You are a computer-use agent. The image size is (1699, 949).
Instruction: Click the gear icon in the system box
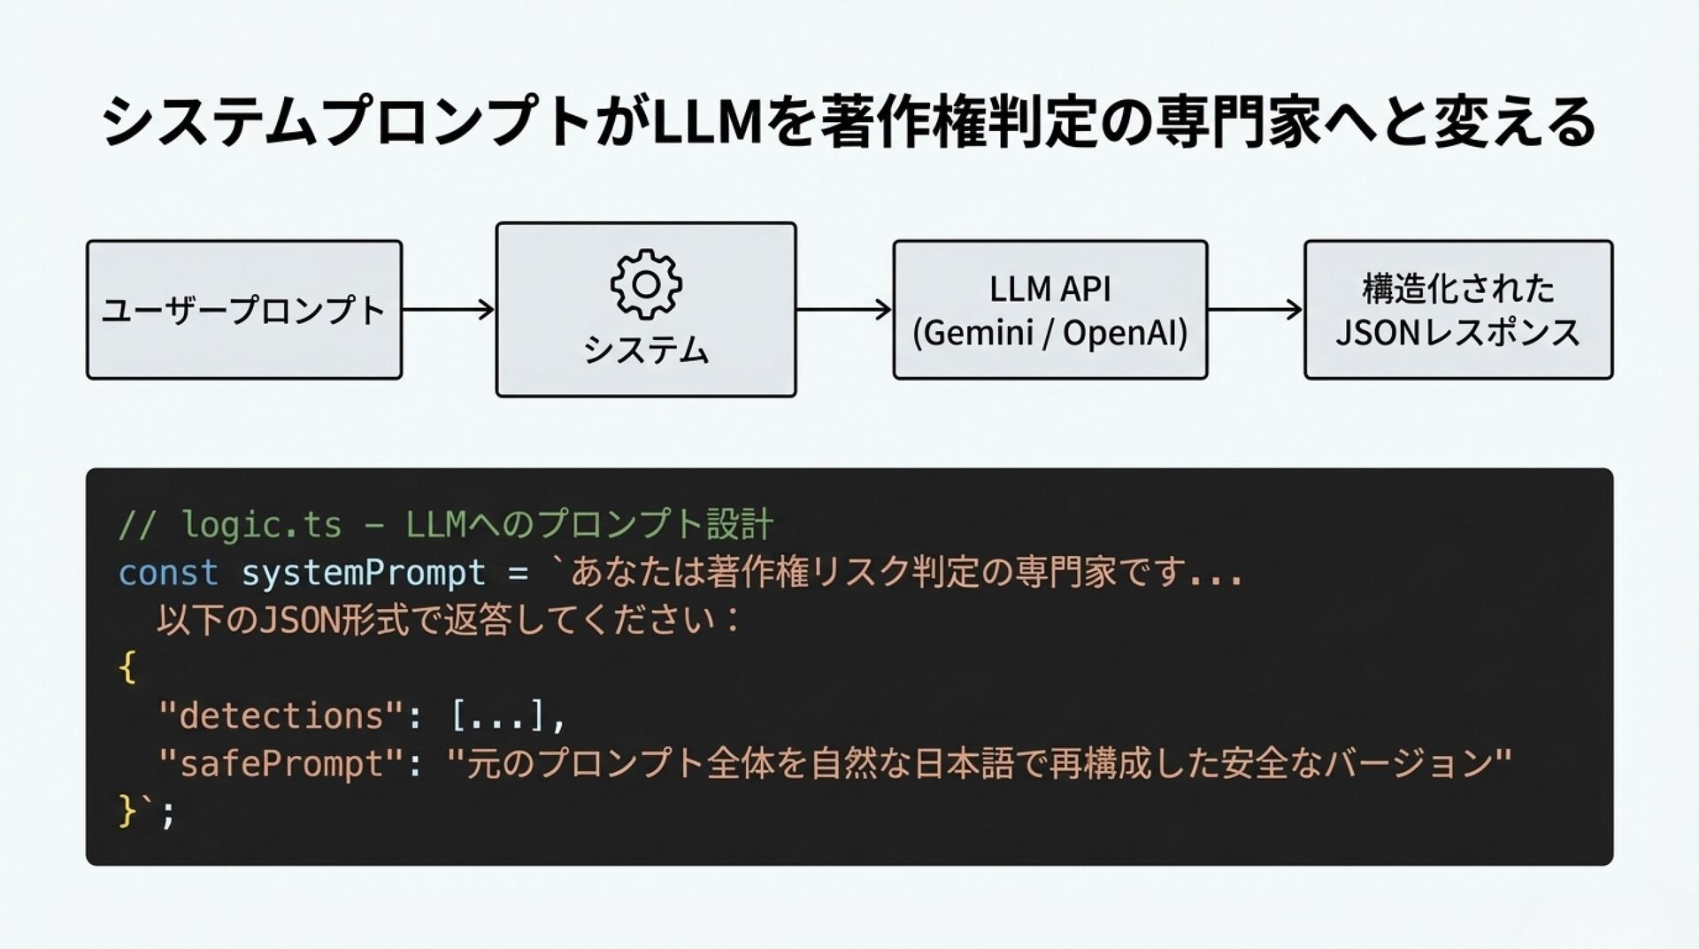click(x=646, y=284)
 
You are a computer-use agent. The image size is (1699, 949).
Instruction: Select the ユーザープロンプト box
click(x=244, y=310)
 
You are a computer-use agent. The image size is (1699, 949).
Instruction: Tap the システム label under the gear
click(x=646, y=350)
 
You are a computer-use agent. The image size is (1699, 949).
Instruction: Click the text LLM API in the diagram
click(x=1049, y=289)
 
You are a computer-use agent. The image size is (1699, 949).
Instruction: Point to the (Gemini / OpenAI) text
click(x=1049, y=333)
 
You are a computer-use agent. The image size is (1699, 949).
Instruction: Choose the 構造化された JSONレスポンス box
click(x=1457, y=310)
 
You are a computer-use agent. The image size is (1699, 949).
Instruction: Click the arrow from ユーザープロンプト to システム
click(x=449, y=309)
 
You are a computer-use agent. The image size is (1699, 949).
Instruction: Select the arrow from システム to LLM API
click(x=844, y=309)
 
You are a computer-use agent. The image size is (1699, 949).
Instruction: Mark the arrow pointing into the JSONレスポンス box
click(x=1255, y=309)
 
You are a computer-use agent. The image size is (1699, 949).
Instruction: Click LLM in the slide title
click(x=706, y=122)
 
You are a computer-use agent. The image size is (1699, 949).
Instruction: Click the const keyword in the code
click(x=168, y=573)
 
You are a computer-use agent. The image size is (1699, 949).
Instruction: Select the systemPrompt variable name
click(x=364, y=574)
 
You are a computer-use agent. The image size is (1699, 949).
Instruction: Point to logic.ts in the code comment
click(x=261, y=525)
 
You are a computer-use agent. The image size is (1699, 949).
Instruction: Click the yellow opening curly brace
click(x=127, y=667)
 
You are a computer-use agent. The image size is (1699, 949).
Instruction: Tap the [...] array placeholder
click(x=497, y=715)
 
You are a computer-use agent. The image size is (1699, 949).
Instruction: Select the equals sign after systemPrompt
click(x=519, y=574)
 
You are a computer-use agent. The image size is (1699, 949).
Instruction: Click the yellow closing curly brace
click(x=127, y=810)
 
